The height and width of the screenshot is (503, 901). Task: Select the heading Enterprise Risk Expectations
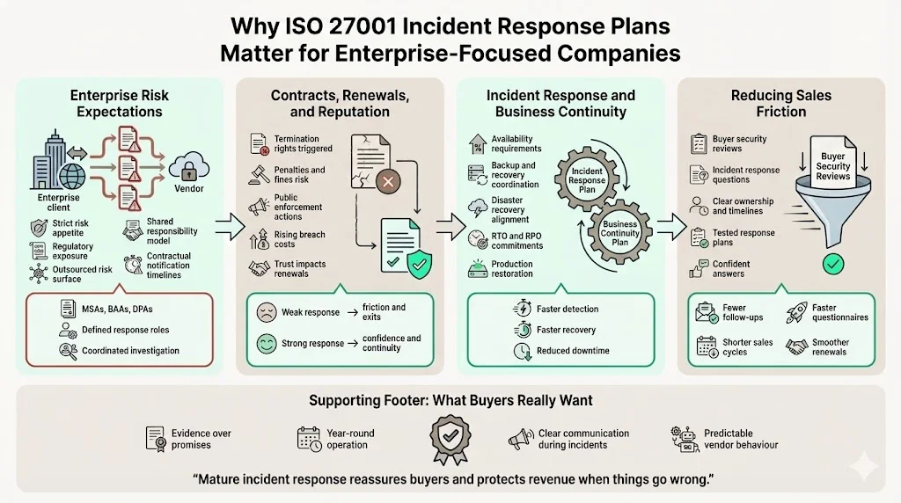pyautogui.click(x=121, y=104)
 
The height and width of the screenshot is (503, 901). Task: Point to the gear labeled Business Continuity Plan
pyautogui.click(x=619, y=233)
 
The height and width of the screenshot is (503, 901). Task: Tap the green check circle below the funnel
pyautogui.click(x=831, y=262)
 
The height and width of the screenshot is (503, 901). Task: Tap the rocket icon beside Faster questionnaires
pyautogui.click(x=796, y=312)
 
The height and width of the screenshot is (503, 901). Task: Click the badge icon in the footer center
pyautogui.click(x=450, y=438)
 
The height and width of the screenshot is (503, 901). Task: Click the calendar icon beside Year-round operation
pyautogui.click(x=309, y=438)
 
